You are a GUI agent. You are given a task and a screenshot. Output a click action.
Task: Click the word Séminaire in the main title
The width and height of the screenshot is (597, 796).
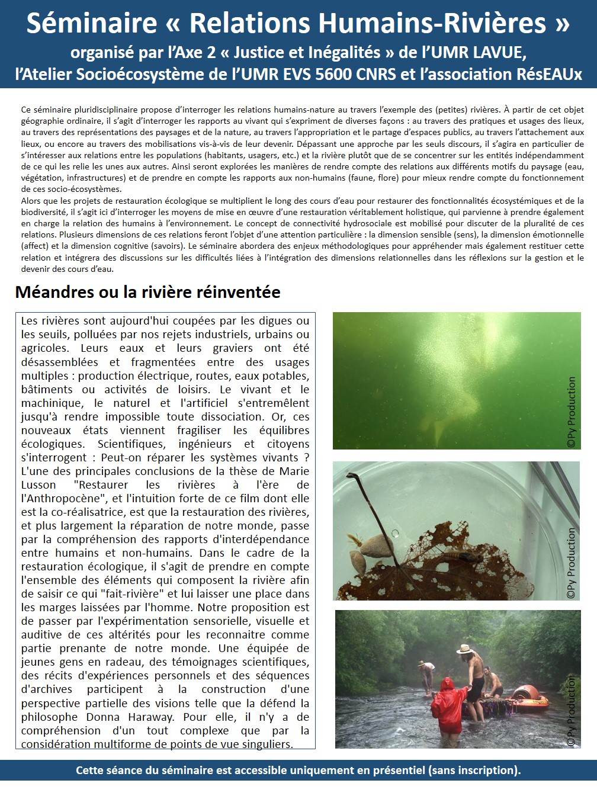pyautogui.click(x=91, y=23)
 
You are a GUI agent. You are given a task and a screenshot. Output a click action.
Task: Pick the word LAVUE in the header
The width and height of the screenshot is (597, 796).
pyautogui.click(x=498, y=53)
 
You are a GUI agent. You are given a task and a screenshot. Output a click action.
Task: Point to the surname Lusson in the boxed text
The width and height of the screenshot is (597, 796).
pyautogui.click(x=38, y=485)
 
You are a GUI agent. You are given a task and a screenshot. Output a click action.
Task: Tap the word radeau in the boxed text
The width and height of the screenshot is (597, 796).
pyautogui.click(x=127, y=662)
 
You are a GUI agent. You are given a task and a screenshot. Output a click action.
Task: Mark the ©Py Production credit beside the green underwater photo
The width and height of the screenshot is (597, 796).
pyautogui.click(x=572, y=412)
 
